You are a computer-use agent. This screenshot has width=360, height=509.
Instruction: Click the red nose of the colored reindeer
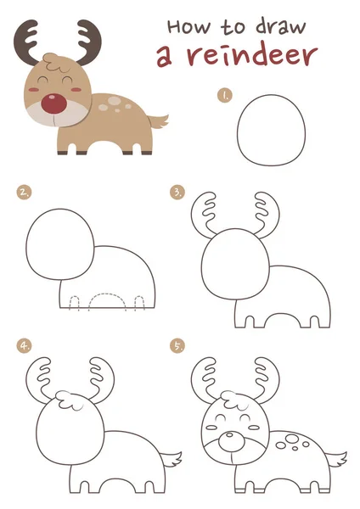tap(54, 103)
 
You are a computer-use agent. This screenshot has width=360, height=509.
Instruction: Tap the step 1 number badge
tap(225, 96)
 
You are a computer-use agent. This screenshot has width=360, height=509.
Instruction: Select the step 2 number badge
tap(25, 193)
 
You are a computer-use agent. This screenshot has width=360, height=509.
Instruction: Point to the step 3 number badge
tap(177, 193)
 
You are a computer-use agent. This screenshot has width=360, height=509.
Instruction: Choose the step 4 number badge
tap(25, 346)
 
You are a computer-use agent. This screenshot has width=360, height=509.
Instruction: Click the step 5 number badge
tap(177, 346)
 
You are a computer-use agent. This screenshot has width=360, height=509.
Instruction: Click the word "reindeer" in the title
tap(252, 56)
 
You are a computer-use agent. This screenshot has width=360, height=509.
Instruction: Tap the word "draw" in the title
tap(281, 26)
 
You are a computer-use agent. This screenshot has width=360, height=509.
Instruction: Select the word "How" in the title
tap(188, 26)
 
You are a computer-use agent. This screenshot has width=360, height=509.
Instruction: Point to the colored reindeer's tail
tap(159, 120)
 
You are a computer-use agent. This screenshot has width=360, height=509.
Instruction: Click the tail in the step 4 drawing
tap(172, 458)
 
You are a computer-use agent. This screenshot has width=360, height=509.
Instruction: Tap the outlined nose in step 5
tap(230, 441)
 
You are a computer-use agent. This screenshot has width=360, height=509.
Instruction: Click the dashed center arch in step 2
tap(107, 294)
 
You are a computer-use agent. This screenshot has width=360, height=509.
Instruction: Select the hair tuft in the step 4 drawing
tap(70, 400)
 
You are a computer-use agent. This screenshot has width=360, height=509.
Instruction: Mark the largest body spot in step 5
tap(292, 439)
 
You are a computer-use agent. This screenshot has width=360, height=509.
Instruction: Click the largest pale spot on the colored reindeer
tap(114, 101)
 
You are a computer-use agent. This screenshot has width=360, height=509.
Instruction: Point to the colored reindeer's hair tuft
tap(57, 62)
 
